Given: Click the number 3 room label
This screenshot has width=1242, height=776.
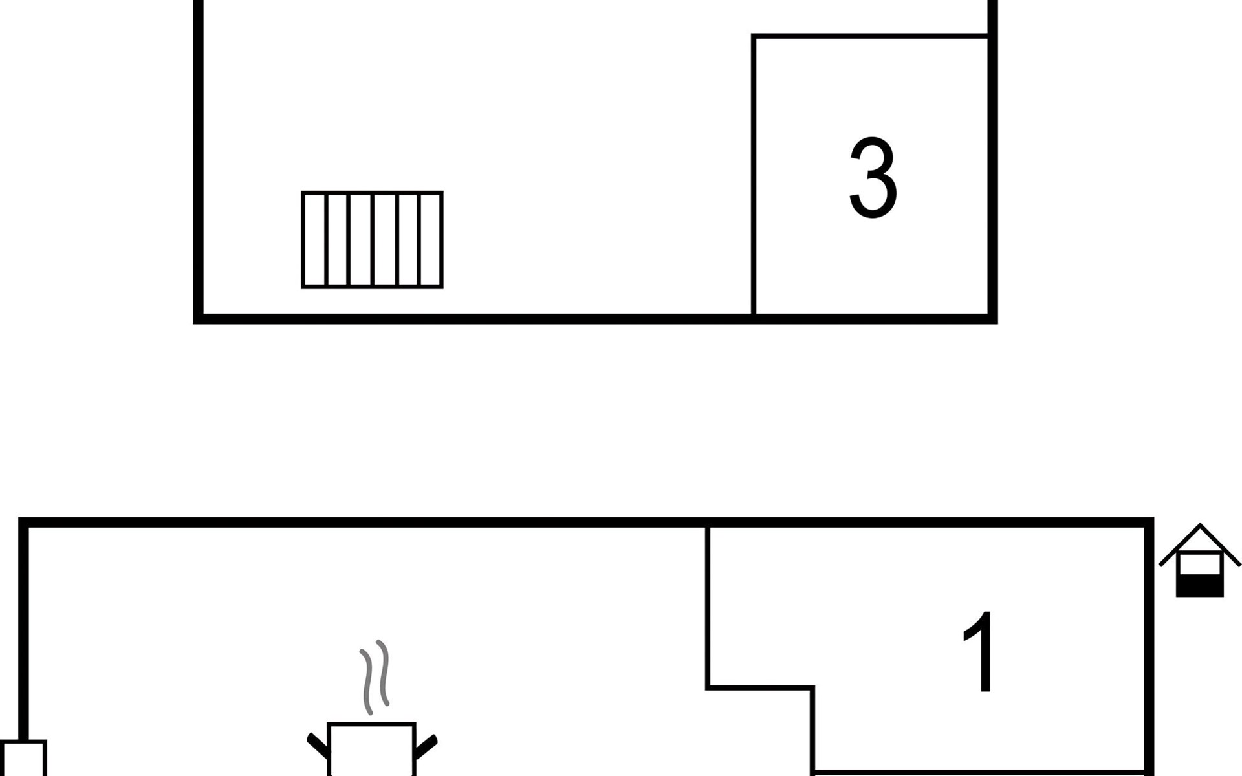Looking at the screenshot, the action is coord(873,177).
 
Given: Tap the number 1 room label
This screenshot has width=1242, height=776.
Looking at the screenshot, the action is coord(978,651).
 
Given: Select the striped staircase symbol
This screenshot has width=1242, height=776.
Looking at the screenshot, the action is coord(372,239).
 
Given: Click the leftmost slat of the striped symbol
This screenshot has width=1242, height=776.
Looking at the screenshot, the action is coord(315,239).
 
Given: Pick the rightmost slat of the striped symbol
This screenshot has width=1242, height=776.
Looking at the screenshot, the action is coord(431,239).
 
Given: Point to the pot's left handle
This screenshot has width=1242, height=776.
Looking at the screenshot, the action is coord(318,746).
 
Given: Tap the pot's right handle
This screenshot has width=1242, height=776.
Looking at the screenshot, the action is coord(426,746).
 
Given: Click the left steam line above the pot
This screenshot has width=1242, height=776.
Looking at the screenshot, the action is coord(367,681).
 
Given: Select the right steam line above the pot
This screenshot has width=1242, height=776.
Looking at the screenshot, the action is coord(384,673).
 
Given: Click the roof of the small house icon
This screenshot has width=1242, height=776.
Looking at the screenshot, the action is coord(1200,544).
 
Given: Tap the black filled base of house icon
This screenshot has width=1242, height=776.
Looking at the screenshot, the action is coord(1200,587).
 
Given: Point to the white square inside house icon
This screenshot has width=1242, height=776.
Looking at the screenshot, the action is coord(1200,565).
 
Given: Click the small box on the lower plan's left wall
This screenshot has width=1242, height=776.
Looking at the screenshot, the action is coord(23,758).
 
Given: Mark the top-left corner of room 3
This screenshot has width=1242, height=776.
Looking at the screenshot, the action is coord(754,36).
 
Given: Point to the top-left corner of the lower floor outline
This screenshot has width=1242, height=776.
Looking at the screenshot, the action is coord(23,522).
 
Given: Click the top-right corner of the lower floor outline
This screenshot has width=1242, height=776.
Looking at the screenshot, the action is coord(1149,522).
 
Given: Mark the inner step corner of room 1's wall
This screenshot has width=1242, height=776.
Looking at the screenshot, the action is coord(813,687).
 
